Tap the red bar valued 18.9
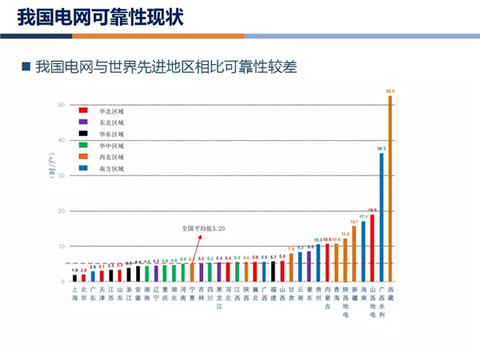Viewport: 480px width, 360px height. coord(372,248)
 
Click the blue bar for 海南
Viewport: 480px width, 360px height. coord(363,252)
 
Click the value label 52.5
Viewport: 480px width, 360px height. coord(390,92)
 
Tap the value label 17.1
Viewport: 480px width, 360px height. coord(363,217)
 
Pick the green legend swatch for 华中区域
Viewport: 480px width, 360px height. coord(83,146)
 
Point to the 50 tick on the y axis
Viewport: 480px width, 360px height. coord(62,105)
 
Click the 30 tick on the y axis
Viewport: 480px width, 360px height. coord(62,176)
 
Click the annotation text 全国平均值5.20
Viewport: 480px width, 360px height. coord(202,228)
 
